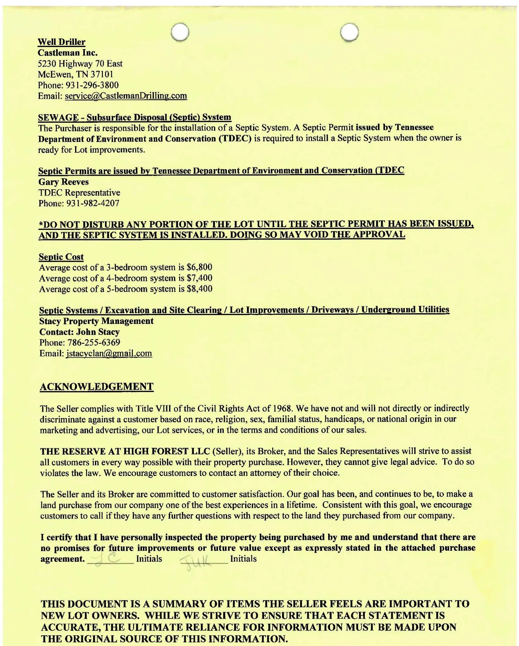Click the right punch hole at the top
pyautogui.click(x=350, y=32)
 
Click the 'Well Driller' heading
pyautogui.click(x=62, y=42)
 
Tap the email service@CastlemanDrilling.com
pyautogui.click(x=126, y=96)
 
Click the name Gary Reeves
pyautogui.click(x=63, y=182)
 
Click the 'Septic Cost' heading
pyautogui.click(x=61, y=257)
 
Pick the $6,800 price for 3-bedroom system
pyautogui.click(x=199, y=267)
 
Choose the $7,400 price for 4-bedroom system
pyautogui.click(x=199, y=278)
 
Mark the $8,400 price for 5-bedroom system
pyautogui.click(x=199, y=289)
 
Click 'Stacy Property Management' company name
pyautogui.click(x=96, y=321)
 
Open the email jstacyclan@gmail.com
pyautogui.click(x=109, y=353)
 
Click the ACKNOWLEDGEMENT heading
pyautogui.click(x=97, y=387)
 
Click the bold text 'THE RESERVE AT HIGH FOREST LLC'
pyautogui.click(x=125, y=451)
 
